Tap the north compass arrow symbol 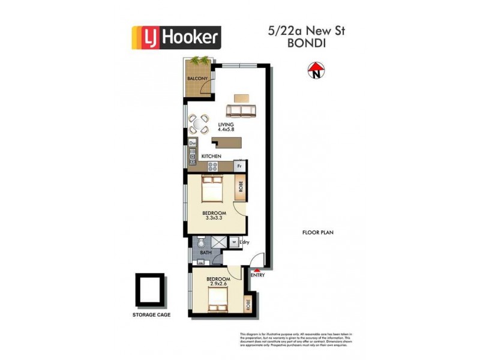click(314, 71)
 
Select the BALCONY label click(197, 79)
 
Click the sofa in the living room click(241, 110)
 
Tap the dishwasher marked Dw click(193, 143)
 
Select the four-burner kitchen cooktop click(193, 157)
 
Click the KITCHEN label click(211, 157)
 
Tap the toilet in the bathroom click(202, 244)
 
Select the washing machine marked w click(234, 243)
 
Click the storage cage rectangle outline click(148, 290)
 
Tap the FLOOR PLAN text click(317, 232)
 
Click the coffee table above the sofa click(241, 97)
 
